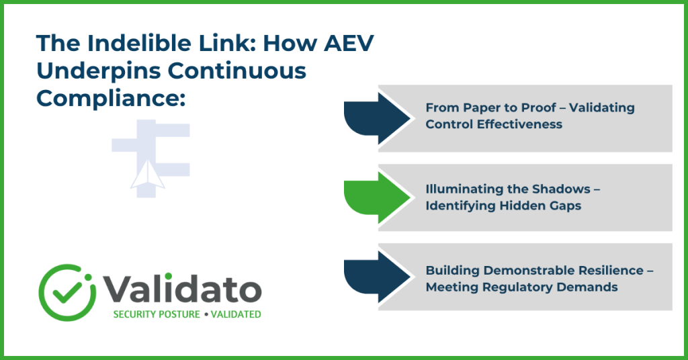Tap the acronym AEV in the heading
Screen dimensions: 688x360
click(349, 43)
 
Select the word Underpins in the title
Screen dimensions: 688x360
click(98, 71)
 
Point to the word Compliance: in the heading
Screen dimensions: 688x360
click(111, 99)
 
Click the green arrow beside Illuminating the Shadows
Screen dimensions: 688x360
click(376, 197)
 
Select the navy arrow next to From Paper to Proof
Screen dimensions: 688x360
click(376, 118)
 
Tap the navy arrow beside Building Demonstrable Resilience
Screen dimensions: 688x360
click(376, 277)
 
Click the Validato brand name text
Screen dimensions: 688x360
click(182, 289)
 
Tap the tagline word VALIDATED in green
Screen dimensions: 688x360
click(236, 314)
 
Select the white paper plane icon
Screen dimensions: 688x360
click(148, 175)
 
